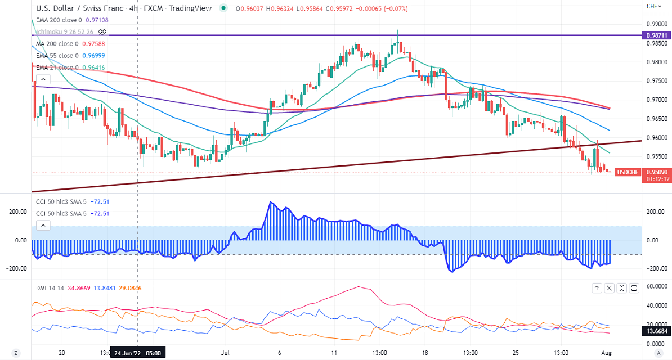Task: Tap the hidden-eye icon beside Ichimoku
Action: click(x=102, y=31)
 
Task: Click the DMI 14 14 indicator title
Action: click(x=49, y=288)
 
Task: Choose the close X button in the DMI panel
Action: click(x=609, y=288)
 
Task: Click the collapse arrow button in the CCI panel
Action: click(x=43, y=226)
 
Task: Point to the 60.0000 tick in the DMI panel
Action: click(x=656, y=286)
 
